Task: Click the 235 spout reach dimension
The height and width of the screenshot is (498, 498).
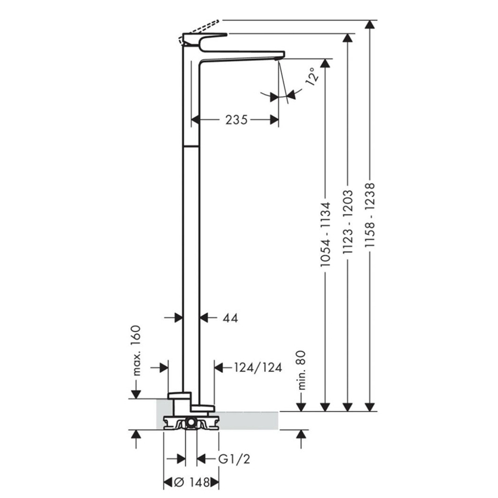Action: pos(236,120)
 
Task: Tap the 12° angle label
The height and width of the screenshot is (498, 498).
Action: pos(312,77)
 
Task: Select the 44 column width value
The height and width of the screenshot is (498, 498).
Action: pos(230,318)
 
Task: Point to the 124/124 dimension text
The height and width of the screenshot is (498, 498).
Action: pos(258,368)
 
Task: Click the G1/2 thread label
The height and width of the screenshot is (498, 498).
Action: pos(234,459)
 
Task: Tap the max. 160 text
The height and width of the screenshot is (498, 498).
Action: pos(135,350)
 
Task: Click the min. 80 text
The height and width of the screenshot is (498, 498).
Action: pos(301,370)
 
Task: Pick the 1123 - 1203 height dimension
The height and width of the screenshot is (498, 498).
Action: pos(348,222)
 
